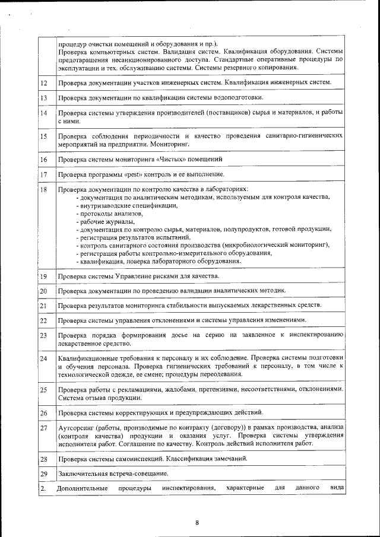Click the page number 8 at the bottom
[197, 522]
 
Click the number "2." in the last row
[43, 488]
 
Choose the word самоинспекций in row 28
[157, 459]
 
